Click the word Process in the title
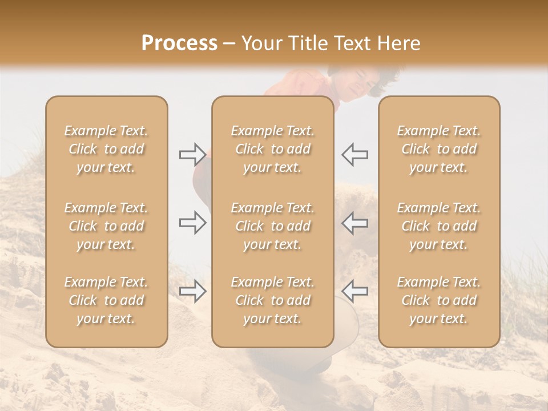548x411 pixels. coord(179,43)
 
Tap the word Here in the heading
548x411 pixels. coord(398,43)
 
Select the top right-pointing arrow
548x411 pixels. coord(192,154)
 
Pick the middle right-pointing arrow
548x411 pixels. coord(192,223)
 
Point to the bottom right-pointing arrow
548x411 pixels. coord(192,291)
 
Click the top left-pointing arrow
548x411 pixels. coord(354,154)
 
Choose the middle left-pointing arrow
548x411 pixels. coord(354,223)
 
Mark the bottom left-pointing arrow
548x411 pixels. coord(354,291)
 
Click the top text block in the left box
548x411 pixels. coord(106,149)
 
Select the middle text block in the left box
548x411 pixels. coord(106,226)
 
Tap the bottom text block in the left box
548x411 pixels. coord(106,300)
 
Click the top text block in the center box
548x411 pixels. coord(272,149)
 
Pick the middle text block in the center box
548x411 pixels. coord(272,226)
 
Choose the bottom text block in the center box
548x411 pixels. coord(272,300)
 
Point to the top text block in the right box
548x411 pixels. coord(438,149)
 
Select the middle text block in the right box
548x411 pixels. coord(438,226)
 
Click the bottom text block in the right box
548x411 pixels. coord(438,300)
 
